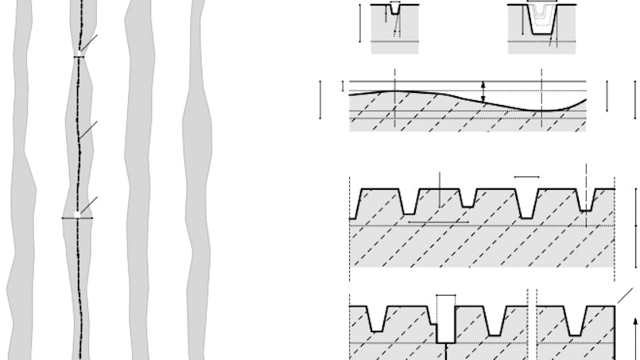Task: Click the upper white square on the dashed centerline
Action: [x=79, y=56]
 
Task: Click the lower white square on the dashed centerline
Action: [x=77, y=216]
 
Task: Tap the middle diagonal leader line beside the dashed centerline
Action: [x=89, y=130]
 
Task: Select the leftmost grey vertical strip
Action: [x=21, y=183]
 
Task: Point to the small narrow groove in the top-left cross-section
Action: [x=395, y=11]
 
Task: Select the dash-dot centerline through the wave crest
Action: [x=395, y=103]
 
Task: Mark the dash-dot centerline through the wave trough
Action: [x=541, y=103]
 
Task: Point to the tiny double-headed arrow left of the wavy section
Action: [x=343, y=86]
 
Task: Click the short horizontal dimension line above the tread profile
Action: [x=526, y=176]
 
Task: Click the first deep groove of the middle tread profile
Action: [x=409, y=203]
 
